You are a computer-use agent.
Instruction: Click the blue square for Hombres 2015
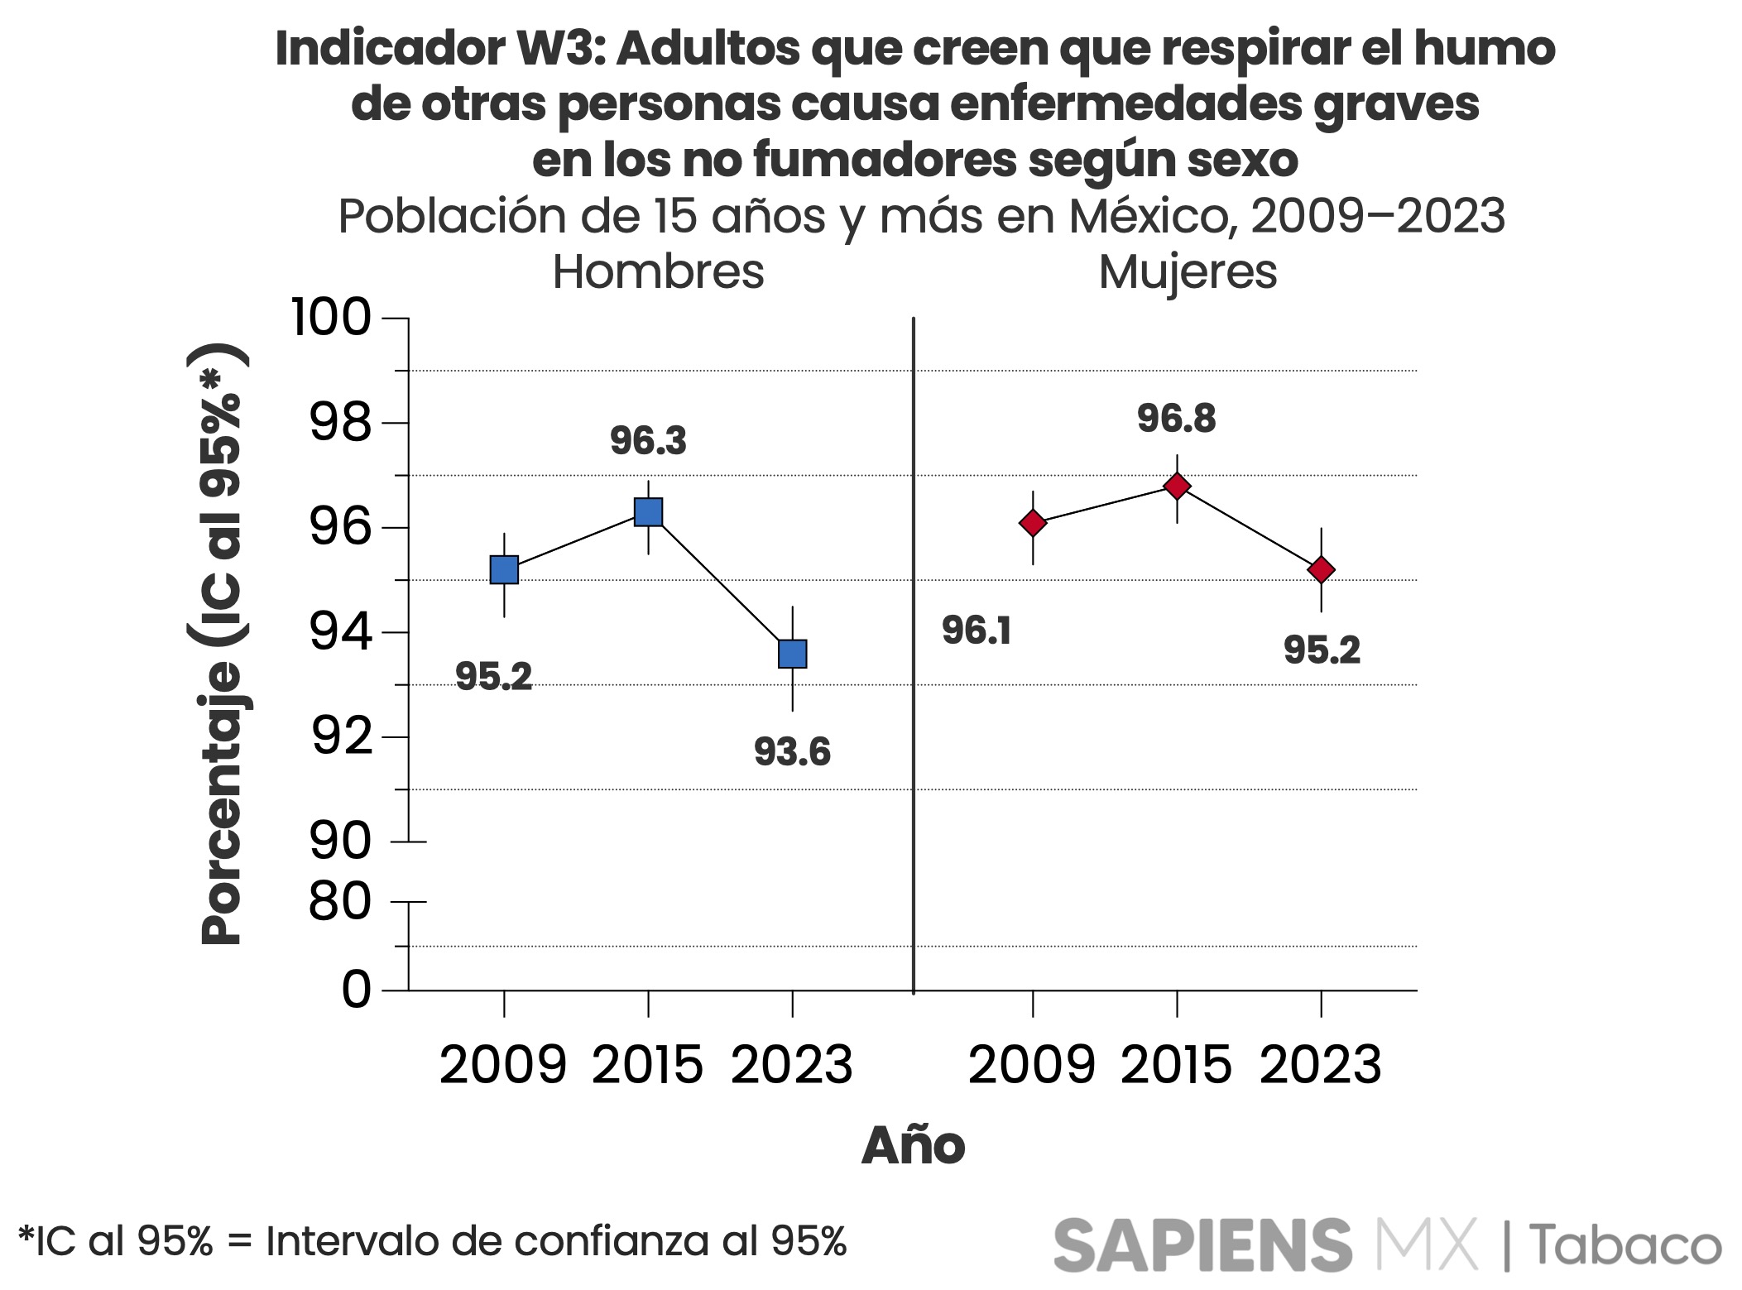(x=648, y=512)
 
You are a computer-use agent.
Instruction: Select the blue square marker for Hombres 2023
(x=793, y=654)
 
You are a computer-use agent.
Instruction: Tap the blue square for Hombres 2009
(x=504, y=570)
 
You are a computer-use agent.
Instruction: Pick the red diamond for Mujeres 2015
(x=1177, y=486)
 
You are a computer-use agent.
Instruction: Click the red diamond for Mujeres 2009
(x=1033, y=523)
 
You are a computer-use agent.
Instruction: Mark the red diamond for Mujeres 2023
(x=1321, y=570)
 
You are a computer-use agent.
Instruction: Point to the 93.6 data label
(x=792, y=752)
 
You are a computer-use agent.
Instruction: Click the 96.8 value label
(x=1176, y=419)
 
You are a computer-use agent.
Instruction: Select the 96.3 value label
(x=648, y=441)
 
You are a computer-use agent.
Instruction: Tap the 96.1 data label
(x=977, y=631)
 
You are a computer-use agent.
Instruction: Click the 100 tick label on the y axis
(x=331, y=318)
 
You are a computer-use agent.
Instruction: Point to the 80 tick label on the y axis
(x=340, y=902)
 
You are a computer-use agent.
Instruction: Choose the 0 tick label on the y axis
(x=357, y=990)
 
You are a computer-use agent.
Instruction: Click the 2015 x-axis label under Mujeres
(x=1176, y=1065)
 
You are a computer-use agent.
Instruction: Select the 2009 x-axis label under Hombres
(x=503, y=1065)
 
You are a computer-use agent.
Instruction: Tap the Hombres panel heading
(x=658, y=271)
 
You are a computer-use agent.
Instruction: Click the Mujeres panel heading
(x=1188, y=271)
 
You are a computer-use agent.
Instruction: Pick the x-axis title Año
(x=913, y=1146)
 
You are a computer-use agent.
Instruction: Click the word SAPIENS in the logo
(x=1202, y=1244)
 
